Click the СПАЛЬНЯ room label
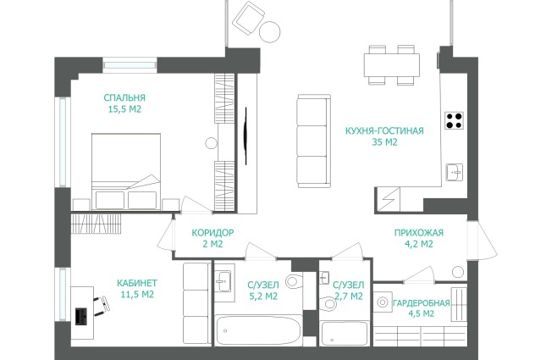coord(124,97)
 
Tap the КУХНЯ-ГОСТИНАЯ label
coord(384,130)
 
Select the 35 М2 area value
coord(384,142)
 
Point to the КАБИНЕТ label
coord(137,283)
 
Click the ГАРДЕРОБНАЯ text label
coord(422,303)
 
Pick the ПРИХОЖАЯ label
coord(419,233)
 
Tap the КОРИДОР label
coord(212,233)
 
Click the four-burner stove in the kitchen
coord(454,120)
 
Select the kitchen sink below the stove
coord(455,172)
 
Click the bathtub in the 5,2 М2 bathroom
coord(258,330)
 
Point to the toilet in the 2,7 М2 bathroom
coord(328,303)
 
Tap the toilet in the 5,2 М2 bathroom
coord(294,281)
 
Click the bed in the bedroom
coord(126,171)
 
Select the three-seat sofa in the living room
coord(314,141)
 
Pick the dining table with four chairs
coord(392,65)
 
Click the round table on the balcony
coord(269,32)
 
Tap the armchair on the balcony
coord(248,18)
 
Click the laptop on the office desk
coord(81,316)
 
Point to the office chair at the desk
coord(102,306)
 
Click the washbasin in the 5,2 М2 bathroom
coord(223,281)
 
